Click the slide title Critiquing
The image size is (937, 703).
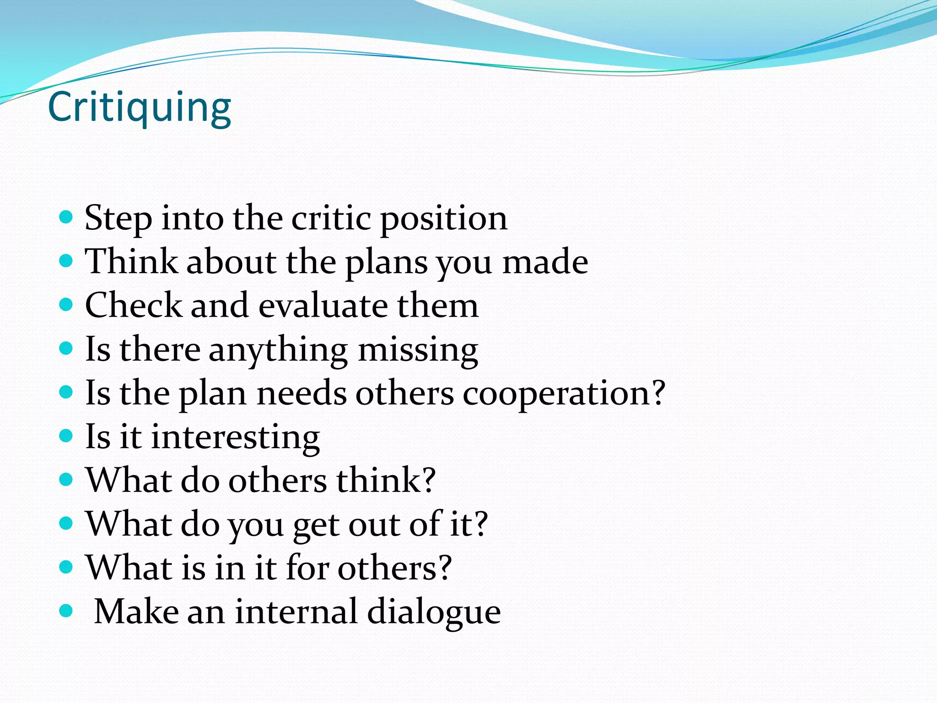click(x=139, y=108)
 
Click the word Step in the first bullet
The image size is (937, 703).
click(x=118, y=218)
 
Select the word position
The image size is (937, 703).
click(x=444, y=218)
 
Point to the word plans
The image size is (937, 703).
click(x=386, y=262)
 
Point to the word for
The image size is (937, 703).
click(x=307, y=568)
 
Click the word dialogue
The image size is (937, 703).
click(x=434, y=612)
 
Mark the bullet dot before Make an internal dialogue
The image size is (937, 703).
click(x=66, y=611)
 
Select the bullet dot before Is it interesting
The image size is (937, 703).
click(x=66, y=435)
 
